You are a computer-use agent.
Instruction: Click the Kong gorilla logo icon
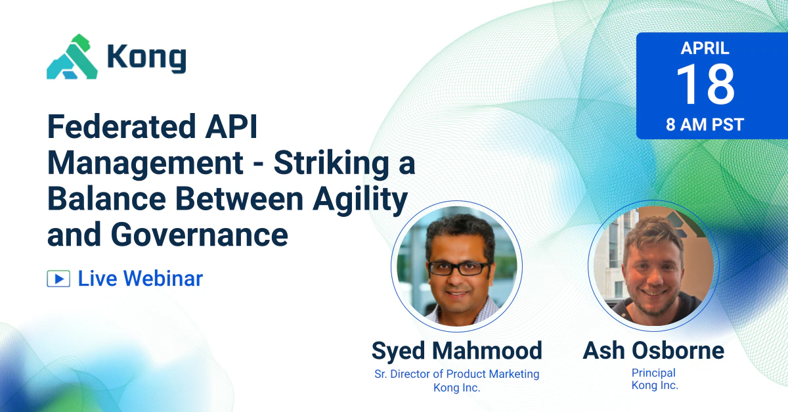(x=72, y=57)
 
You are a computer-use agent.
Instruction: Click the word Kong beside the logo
(x=146, y=58)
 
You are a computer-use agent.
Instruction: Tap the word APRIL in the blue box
(x=705, y=48)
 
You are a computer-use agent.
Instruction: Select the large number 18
(x=705, y=85)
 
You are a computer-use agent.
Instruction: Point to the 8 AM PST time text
(x=705, y=125)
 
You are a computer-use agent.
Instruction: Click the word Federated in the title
(x=121, y=126)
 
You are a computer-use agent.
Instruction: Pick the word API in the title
(x=231, y=126)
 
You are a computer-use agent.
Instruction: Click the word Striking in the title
(x=332, y=164)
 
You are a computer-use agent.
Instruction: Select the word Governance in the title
(x=200, y=235)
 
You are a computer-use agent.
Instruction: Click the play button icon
(x=58, y=279)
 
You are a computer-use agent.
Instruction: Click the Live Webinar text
(x=141, y=279)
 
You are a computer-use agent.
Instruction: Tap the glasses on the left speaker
(x=458, y=268)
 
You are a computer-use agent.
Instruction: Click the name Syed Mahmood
(x=456, y=351)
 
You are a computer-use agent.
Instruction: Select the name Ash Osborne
(x=653, y=351)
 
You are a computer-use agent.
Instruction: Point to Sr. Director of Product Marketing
(x=456, y=374)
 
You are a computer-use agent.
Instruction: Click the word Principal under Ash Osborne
(x=653, y=373)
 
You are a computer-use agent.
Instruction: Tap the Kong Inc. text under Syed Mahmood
(x=456, y=388)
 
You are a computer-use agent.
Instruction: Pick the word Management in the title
(x=145, y=164)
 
